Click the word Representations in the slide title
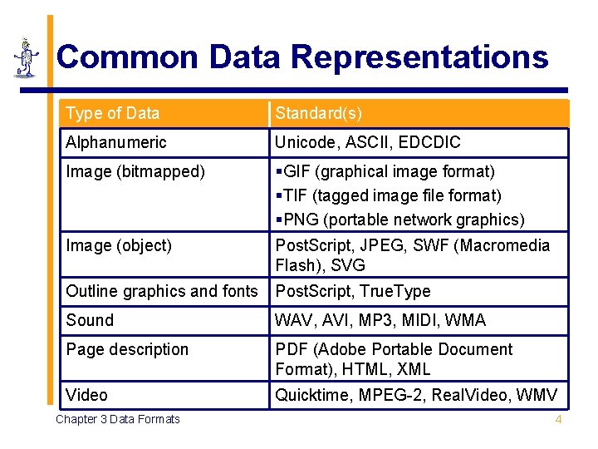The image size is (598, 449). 419,57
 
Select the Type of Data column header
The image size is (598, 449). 112,113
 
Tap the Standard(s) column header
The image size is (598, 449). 318,113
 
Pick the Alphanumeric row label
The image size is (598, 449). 115,142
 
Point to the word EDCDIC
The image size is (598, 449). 429,142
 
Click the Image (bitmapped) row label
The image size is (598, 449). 135,171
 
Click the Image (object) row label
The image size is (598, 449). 119,245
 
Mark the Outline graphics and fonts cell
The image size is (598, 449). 162,291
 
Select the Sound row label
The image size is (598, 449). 90,320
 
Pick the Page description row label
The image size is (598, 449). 127,349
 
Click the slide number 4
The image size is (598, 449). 558,419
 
